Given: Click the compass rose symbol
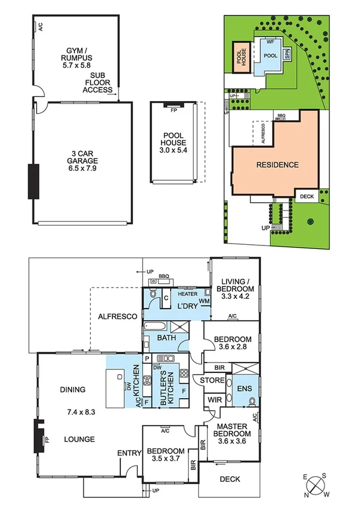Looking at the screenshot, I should click(x=318, y=484).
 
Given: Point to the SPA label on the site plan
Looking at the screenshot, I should click(x=288, y=54).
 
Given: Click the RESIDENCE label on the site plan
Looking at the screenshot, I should click(x=277, y=164).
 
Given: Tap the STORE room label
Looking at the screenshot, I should click(x=212, y=380).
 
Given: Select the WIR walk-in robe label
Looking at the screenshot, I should click(x=214, y=400).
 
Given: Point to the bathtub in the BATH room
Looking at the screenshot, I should click(x=156, y=327).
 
